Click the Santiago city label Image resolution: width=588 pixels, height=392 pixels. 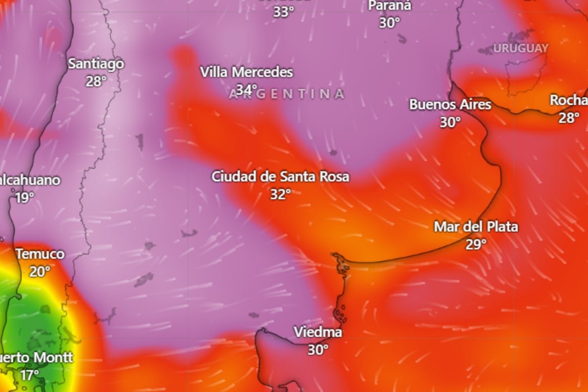tap(96, 64)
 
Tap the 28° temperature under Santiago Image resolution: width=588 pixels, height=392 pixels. tap(96, 81)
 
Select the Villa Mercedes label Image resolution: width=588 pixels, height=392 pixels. tap(246, 73)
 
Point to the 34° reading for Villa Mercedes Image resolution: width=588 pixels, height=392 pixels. tap(246, 90)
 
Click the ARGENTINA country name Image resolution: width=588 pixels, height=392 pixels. tap(287, 94)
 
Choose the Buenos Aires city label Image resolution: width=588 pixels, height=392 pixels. tap(450, 104)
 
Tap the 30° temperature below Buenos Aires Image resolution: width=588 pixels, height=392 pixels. tap(450, 122)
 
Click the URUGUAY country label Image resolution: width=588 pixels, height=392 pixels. tap(520, 49)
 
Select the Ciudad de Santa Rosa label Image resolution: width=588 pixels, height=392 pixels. tap(280, 176)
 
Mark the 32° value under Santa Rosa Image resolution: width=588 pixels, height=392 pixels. tap(280, 195)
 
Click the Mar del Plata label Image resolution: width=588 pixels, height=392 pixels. tap(476, 227)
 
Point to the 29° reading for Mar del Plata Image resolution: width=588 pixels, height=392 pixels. tap(476, 245)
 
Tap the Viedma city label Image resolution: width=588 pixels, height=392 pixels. tap(318, 332)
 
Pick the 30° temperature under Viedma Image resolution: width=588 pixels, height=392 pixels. tap(318, 350)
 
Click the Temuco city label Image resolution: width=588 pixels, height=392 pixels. tap(40, 254)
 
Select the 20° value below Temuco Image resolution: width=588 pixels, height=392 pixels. tap(40, 271)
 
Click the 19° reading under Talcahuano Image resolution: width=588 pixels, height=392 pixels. tap(24, 198)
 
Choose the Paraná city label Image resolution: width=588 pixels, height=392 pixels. tap(390, 6)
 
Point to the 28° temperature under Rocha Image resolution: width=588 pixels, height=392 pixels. tap(569, 118)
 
